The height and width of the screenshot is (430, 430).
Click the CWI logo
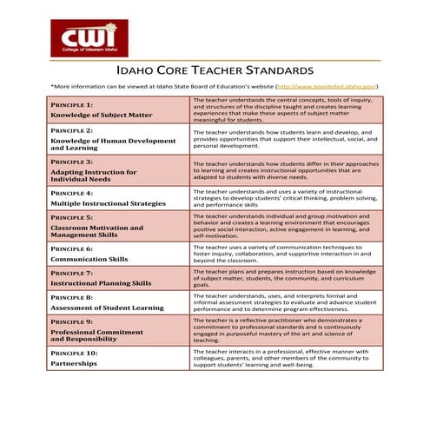89,36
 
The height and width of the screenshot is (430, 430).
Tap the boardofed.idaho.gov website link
326,87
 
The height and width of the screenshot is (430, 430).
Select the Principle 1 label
74,104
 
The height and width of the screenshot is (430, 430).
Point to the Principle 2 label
74,130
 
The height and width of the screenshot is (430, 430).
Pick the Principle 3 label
74,162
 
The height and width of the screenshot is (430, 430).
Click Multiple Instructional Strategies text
107,202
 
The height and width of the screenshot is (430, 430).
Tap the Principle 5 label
74,217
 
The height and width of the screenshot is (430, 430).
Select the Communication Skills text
89,258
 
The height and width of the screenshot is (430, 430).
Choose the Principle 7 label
74,273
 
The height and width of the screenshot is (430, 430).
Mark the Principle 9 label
74,321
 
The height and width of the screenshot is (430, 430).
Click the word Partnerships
75,364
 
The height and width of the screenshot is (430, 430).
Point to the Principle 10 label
76,354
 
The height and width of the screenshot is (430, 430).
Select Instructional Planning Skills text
100,283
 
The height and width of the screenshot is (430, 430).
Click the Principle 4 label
74,192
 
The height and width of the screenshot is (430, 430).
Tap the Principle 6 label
74,248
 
